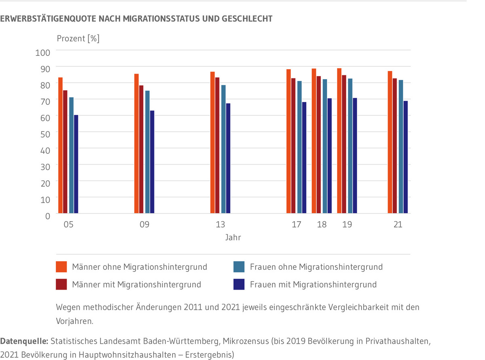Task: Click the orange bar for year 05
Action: click(x=60, y=146)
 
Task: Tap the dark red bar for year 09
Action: click(x=141, y=149)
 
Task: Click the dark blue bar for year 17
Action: click(x=304, y=158)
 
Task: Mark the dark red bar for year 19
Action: click(x=344, y=144)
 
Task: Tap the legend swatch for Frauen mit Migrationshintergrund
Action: click(x=238, y=285)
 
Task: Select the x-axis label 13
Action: click(x=220, y=224)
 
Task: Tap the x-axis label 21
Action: click(x=398, y=224)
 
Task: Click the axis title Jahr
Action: click(x=233, y=237)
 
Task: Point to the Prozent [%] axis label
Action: click(x=78, y=39)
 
